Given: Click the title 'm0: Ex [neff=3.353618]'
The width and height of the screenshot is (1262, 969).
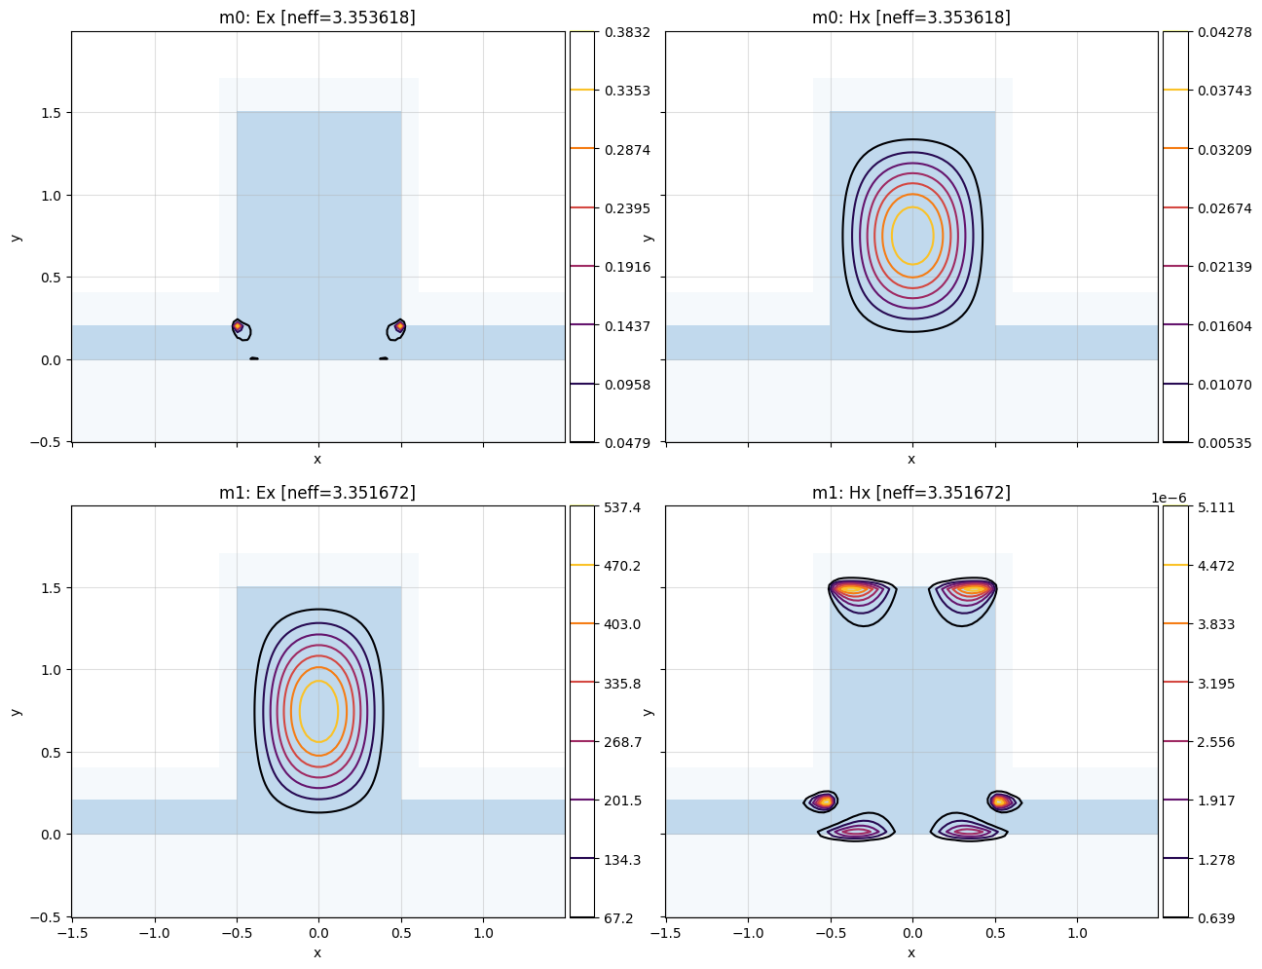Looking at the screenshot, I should [317, 18].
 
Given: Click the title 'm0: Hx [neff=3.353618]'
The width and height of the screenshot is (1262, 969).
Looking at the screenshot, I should [911, 18].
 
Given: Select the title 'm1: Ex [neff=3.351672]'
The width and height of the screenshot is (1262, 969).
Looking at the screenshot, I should [317, 493].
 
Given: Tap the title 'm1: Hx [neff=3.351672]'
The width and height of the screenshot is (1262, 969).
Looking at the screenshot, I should [911, 493].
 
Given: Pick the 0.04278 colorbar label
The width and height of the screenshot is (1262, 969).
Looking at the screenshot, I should [1214, 32].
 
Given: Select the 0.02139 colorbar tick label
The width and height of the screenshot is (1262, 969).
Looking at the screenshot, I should [1214, 267].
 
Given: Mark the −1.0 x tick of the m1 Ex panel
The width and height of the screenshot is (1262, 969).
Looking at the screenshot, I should [154, 933].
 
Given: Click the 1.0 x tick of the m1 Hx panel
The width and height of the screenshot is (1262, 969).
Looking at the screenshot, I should [1077, 933].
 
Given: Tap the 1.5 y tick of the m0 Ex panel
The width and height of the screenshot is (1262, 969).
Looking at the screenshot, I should [51, 113].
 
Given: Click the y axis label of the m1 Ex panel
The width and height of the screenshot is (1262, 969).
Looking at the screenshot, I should [16, 711].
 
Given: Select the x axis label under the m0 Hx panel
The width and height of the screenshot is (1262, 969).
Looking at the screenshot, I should [911, 459].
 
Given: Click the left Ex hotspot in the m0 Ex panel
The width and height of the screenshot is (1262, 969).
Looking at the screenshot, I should [238, 326].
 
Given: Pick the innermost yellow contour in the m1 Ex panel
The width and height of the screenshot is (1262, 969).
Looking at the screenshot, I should [318, 711].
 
